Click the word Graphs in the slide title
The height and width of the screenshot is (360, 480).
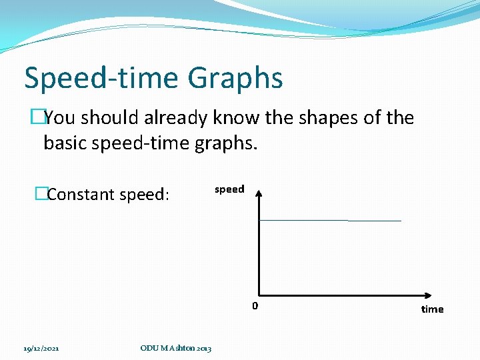[235, 78]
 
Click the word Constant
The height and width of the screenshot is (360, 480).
[81, 195]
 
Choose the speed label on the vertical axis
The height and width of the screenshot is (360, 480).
[229, 189]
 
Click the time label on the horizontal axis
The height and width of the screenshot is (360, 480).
[432, 309]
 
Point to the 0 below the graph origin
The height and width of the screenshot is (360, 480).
[255, 306]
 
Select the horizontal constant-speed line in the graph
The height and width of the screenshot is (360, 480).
[330, 220]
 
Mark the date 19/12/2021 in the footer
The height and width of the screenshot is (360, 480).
[41, 348]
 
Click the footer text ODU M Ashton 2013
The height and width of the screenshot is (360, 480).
[176, 348]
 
